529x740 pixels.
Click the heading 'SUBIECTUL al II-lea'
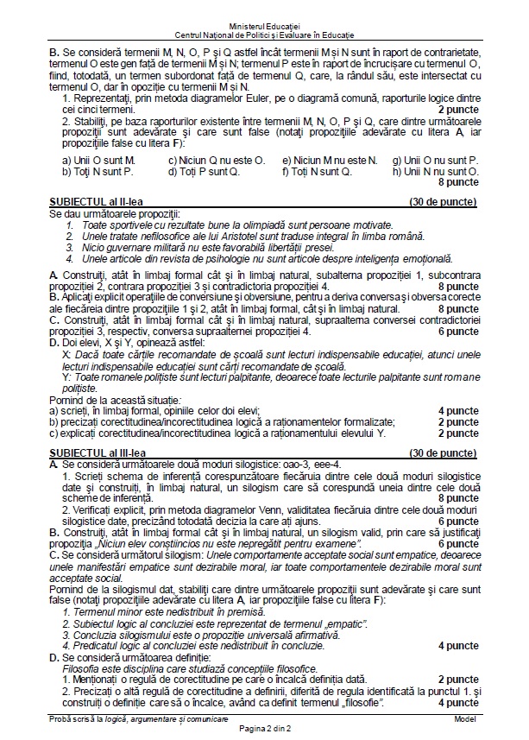(96, 201)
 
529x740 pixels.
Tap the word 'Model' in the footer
(464, 719)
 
